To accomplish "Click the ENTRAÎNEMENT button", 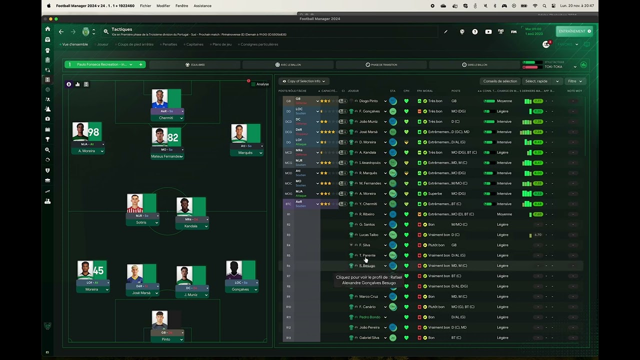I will click(574, 31).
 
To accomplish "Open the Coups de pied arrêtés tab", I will click(135, 44).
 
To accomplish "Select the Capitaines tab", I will click(194, 44).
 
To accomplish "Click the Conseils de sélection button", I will click(500, 81).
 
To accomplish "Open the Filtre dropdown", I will click(575, 81).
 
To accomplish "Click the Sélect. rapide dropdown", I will click(542, 81).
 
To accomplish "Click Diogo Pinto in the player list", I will click(368, 101).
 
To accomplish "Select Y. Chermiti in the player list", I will click(368, 204).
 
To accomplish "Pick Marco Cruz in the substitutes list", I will click(368, 296).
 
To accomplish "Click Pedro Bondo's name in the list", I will click(369, 317).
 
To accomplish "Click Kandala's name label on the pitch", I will click(190, 226).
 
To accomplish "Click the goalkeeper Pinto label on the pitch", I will click(166, 339).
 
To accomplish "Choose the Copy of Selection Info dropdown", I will click(304, 81).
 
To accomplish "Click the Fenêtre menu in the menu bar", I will click(181, 6).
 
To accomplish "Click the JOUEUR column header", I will click(353, 91).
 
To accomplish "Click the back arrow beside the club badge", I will click(61, 31).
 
